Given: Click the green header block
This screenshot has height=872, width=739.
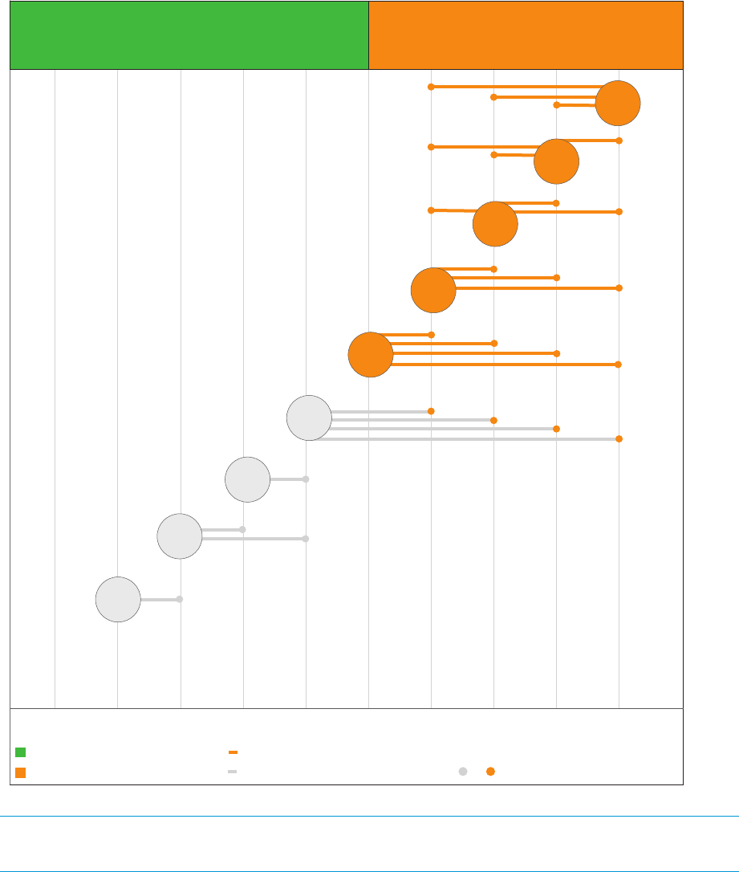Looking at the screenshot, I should tap(189, 35).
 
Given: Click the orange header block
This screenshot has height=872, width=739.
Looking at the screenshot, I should tap(526, 35).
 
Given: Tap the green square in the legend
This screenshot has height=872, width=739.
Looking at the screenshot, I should tap(21, 752).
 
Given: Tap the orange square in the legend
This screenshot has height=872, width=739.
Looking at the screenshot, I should tap(21, 772).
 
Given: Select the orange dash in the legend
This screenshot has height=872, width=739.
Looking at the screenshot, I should tap(233, 752).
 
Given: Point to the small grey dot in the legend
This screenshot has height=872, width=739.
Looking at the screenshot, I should tap(463, 772).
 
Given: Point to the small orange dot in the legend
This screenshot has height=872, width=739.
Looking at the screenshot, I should tap(490, 772).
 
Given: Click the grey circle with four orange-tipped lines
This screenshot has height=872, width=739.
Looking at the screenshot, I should tap(309, 418).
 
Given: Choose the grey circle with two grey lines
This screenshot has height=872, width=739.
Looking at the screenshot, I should tap(180, 536).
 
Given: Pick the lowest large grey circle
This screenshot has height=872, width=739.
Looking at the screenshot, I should tap(118, 599).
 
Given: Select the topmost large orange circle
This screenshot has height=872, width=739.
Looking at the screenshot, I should tap(618, 103).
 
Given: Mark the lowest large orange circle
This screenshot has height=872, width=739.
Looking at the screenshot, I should tap(371, 354).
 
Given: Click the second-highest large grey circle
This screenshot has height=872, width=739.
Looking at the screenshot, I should tap(247, 479).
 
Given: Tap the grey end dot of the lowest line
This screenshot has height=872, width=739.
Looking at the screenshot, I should tap(180, 599).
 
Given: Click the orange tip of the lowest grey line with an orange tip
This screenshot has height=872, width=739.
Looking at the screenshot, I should tap(619, 438).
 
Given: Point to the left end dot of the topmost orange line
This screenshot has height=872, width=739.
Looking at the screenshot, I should tap(431, 86).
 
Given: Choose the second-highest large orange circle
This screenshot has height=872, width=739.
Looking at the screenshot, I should tap(556, 161).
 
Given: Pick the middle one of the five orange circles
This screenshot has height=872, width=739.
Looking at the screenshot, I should tap(495, 224).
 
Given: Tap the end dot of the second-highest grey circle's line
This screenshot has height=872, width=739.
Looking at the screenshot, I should tap(306, 479).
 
